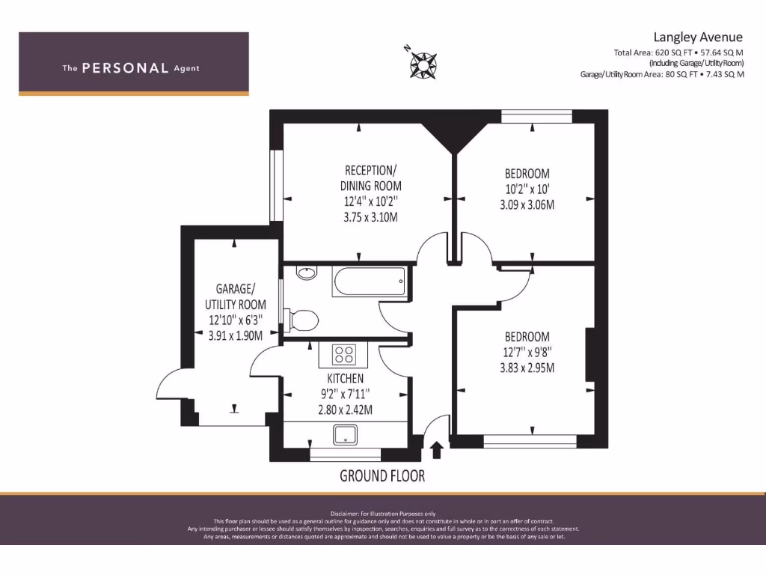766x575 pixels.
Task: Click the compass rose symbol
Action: pos(423,64)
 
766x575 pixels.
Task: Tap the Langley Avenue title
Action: pos(698,37)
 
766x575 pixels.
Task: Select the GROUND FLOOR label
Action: pos(382,475)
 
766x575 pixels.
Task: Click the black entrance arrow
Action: pos(437,449)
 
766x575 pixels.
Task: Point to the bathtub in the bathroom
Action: pos(370,284)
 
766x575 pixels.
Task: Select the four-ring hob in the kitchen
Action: pos(344,353)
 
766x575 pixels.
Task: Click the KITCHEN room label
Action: pos(345,379)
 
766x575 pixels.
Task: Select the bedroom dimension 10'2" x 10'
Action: pos(527,189)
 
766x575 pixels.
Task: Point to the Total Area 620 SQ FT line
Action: pos(678,53)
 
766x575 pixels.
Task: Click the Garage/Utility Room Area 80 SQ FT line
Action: pos(662,75)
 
